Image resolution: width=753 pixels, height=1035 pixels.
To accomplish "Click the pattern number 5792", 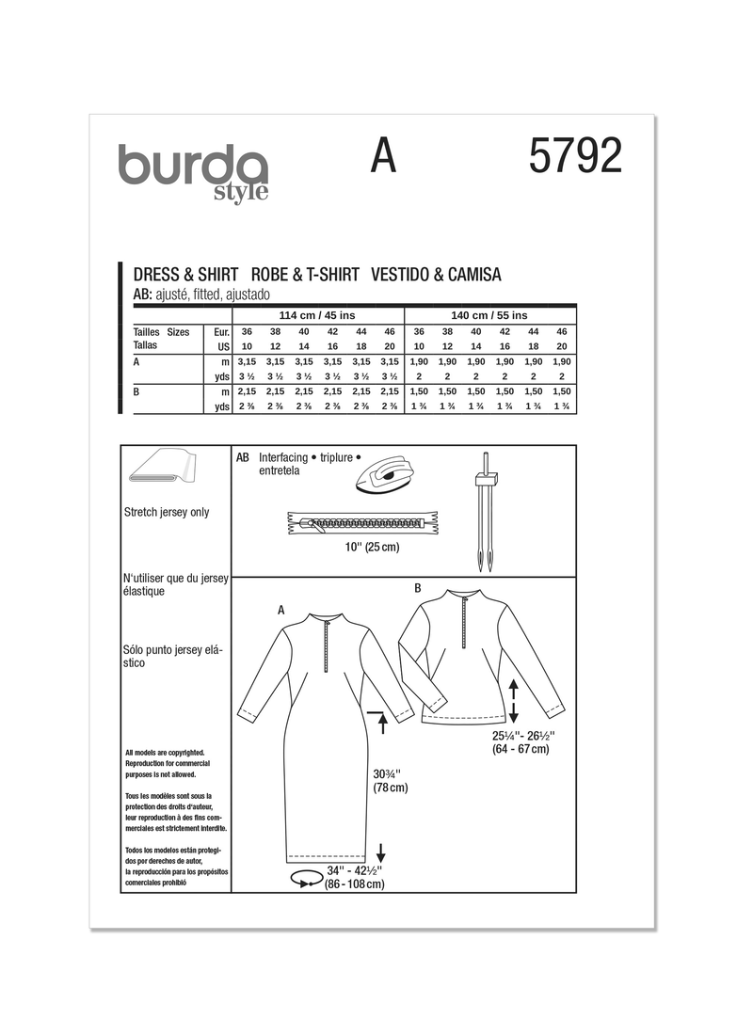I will [575, 156].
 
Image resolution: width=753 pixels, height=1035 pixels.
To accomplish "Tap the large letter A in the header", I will [382, 156].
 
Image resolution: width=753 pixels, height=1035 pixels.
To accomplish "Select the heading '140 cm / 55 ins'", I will [489, 314].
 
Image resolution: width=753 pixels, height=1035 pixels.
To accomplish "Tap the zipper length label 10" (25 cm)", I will [374, 548].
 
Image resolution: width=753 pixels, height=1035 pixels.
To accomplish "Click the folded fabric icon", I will [163, 469].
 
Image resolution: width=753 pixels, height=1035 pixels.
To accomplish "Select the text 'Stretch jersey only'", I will [167, 513].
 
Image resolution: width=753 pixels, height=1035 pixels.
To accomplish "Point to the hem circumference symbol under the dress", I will [305, 879].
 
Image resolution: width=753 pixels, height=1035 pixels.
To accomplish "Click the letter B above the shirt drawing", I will [418, 588].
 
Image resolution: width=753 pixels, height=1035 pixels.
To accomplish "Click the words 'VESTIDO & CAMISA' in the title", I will [436, 276].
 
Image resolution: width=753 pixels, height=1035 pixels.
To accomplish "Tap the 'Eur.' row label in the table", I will [222, 332].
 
